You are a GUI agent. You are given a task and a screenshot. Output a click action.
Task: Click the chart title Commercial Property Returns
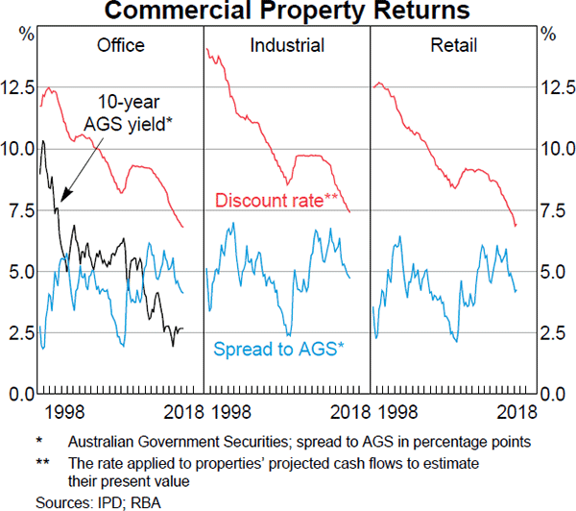tap(287, 12)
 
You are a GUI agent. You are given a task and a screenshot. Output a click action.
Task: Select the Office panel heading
tap(121, 45)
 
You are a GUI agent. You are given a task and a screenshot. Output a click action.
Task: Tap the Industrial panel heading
tap(286, 45)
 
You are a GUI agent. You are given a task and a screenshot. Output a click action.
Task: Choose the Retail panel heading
tap(452, 45)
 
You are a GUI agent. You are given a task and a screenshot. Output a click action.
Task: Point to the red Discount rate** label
tap(278, 201)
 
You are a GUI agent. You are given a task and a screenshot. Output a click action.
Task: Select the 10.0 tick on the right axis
tap(556, 150)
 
